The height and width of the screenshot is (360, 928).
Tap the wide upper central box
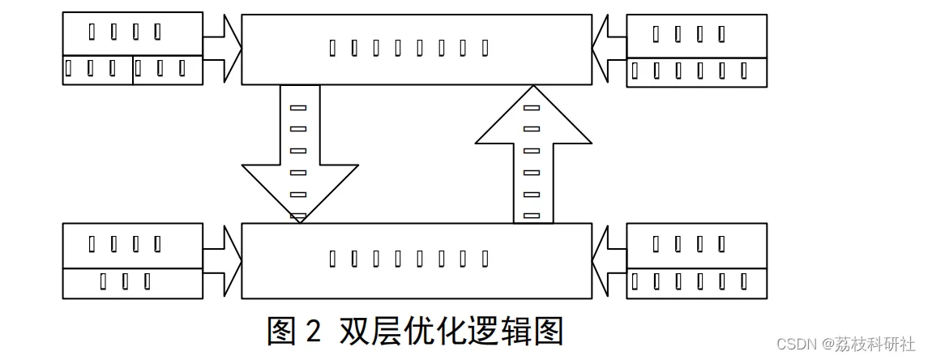click(417, 49)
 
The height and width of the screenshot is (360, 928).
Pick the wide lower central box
click(417, 259)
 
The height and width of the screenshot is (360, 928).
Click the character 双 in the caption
click(354, 331)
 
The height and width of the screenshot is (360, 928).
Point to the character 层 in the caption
click(389, 331)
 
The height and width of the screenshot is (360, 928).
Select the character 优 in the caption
click(424, 331)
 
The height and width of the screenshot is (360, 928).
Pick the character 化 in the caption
click(458, 331)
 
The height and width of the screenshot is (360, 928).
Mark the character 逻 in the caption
click(493, 331)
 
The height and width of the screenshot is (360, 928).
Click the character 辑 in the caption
click(527, 331)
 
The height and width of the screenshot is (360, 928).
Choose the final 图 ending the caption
click(561, 331)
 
